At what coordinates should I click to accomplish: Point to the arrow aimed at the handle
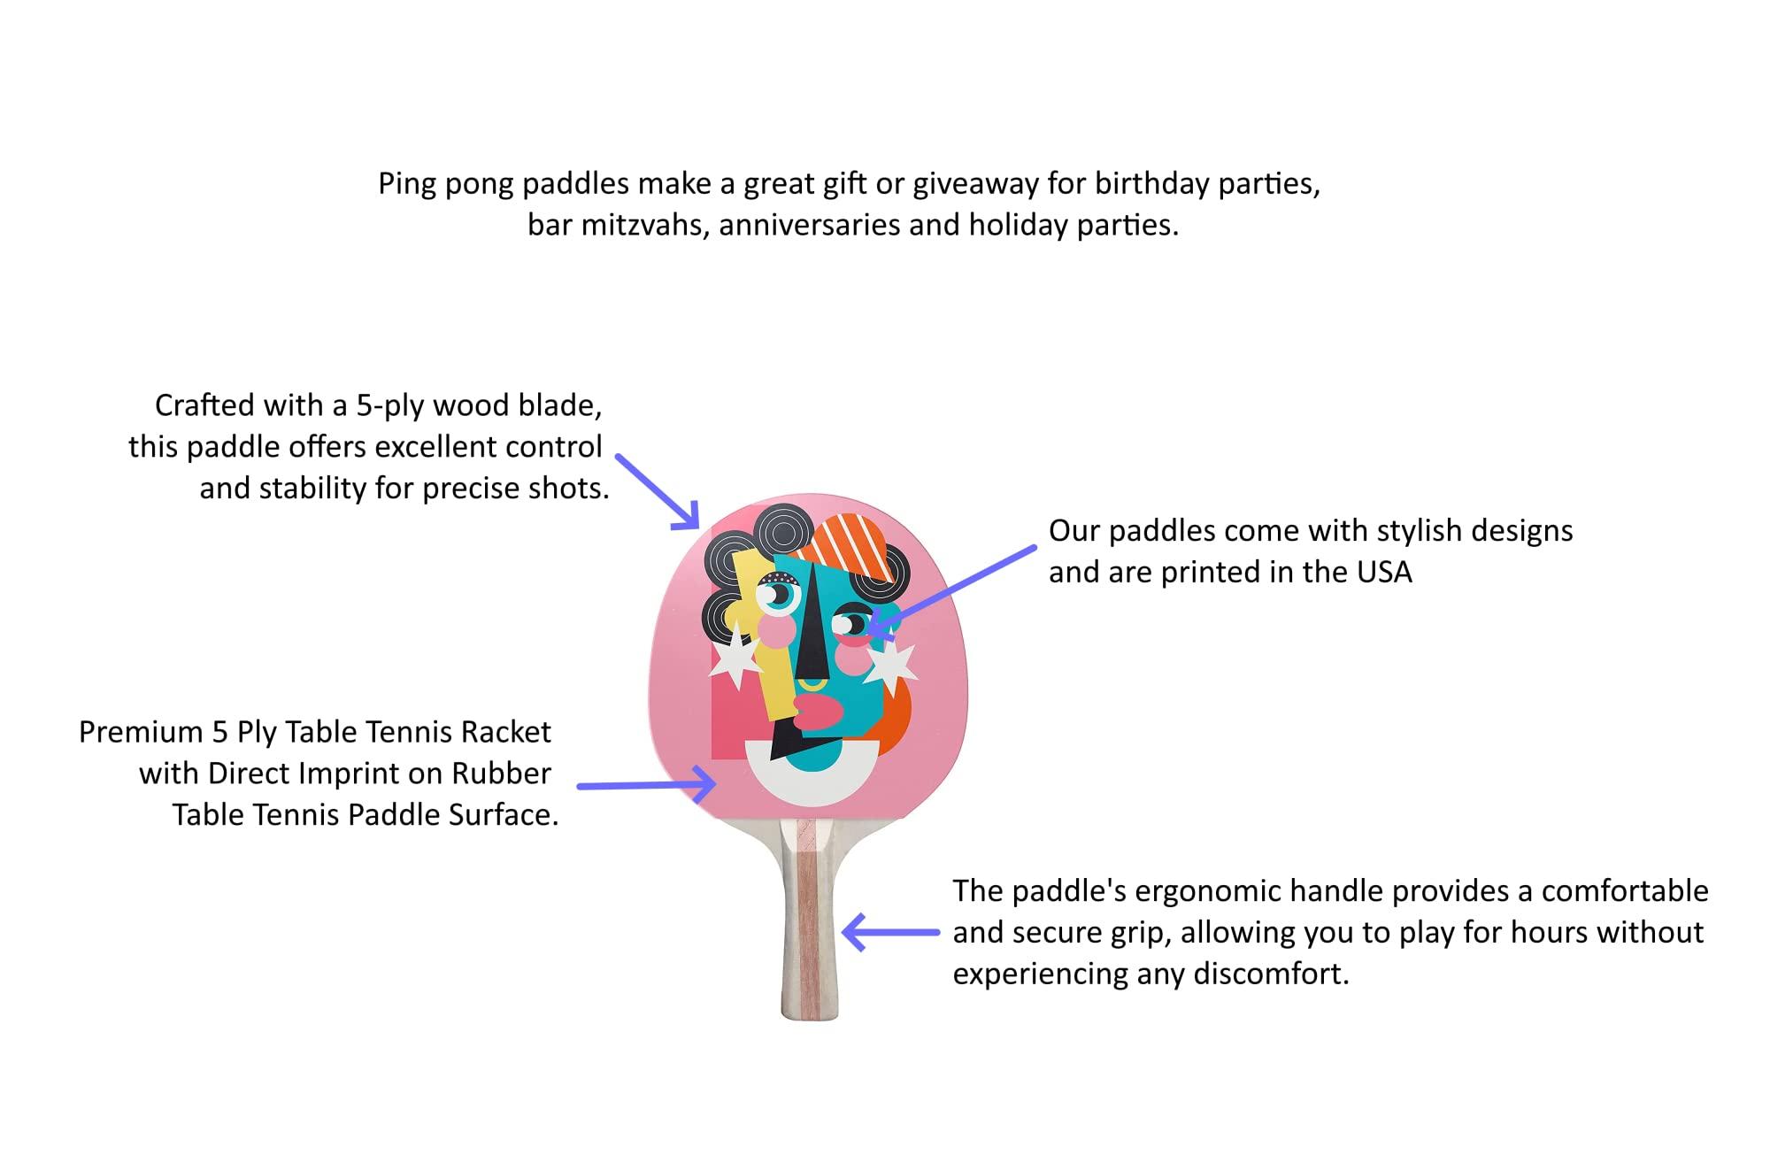890,932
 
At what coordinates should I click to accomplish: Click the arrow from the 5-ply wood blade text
658,492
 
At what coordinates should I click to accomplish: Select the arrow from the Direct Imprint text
646,784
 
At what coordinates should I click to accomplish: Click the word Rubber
502,774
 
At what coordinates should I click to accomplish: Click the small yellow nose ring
812,686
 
